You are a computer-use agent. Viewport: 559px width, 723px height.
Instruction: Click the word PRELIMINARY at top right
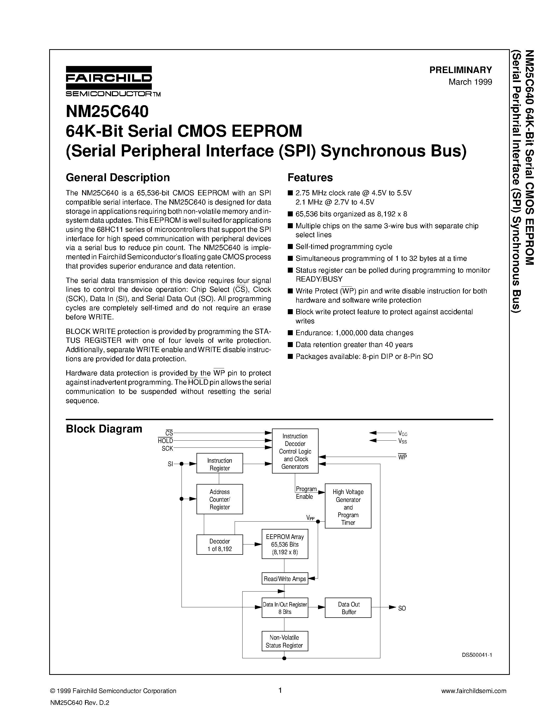460,70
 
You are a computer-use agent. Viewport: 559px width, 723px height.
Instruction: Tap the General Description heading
118,177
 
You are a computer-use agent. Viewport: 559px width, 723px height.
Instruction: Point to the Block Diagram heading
104,429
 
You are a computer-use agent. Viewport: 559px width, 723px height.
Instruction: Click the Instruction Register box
220,464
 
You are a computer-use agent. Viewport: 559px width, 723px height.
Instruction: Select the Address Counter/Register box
220,499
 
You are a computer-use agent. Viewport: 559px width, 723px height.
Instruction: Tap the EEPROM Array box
285,544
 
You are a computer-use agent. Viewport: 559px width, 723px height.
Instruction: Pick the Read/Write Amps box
285,579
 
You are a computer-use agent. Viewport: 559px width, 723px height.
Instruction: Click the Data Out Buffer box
348,608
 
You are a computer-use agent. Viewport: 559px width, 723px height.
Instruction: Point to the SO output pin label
402,608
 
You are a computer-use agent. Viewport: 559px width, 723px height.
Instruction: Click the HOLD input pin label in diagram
165,441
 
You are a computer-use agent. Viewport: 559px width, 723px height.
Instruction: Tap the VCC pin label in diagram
402,433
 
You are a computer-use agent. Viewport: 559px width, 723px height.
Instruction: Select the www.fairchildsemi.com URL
474,691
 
